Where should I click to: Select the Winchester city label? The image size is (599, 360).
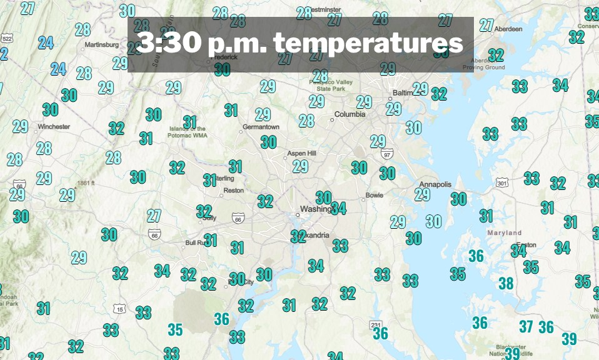point(54,127)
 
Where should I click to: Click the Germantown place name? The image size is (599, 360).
point(261,127)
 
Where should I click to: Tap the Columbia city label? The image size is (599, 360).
point(350,114)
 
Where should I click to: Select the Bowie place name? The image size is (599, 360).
point(374,195)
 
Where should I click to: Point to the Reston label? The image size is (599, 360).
point(233,191)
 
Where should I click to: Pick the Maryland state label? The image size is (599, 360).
point(504,233)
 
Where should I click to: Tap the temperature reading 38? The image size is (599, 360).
point(506,284)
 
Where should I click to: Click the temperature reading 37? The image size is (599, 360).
point(526,326)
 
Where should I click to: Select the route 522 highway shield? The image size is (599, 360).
point(7,39)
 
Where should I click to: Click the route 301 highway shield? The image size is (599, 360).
point(501,183)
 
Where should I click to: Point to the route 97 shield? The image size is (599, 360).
point(387,154)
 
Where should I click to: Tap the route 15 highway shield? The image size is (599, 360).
point(119,309)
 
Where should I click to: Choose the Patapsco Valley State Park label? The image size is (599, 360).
point(340,85)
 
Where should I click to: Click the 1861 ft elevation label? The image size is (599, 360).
point(86,183)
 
